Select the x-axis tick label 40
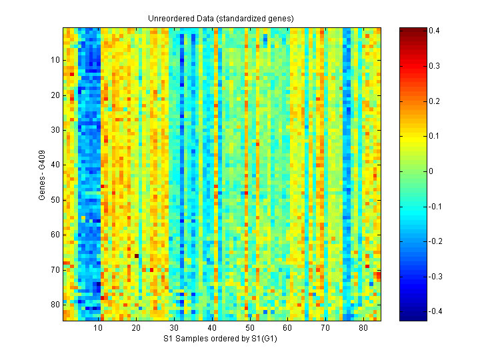(x=212, y=329)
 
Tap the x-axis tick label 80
(x=363, y=329)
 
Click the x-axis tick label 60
(x=287, y=329)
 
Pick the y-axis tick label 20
(x=55, y=95)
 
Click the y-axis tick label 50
(x=55, y=199)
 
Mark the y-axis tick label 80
(x=55, y=304)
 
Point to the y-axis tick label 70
(x=55, y=269)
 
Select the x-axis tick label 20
(x=136, y=329)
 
